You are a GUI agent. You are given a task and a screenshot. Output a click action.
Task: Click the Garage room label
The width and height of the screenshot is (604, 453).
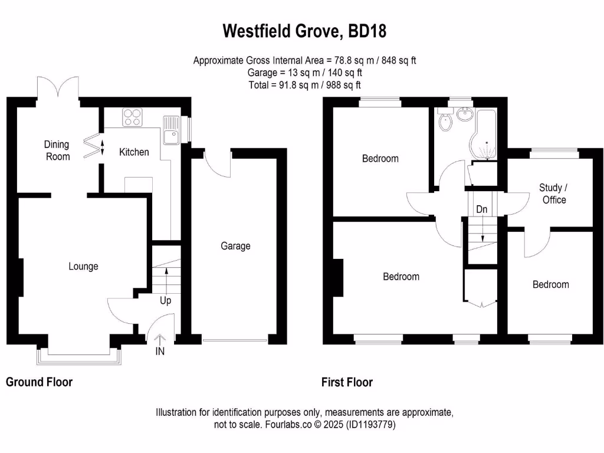pyautogui.click(x=235, y=246)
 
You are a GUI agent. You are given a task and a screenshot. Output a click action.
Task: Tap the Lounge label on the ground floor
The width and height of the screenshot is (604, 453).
pyautogui.click(x=83, y=266)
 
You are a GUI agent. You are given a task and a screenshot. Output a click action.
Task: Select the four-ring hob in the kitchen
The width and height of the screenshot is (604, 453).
pyautogui.click(x=132, y=117)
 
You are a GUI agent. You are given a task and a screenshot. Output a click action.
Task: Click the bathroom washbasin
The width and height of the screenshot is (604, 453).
pyautogui.click(x=465, y=114)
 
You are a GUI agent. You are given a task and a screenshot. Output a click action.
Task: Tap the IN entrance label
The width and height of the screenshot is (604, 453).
pyautogui.click(x=160, y=352)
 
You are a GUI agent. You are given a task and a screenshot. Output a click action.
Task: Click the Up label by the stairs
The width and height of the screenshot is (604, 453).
pyautogui.click(x=166, y=300)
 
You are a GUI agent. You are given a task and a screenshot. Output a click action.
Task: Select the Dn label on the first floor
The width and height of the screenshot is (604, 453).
pyautogui.click(x=482, y=209)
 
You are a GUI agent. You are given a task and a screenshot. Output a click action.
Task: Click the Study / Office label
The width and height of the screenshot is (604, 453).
pyautogui.click(x=554, y=193)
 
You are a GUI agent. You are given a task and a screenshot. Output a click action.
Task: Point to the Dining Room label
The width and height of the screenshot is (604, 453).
pyautogui.click(x=57, y=150)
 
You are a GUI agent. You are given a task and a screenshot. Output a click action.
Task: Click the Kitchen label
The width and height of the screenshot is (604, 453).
pyautogui.click(x=134, y=152)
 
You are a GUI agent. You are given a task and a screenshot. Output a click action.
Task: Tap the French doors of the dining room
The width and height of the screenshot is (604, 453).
pyautogui.click(x=58, y=86)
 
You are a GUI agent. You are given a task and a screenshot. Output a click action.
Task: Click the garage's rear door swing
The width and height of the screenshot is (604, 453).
pyautogui.click(x=218, y=163)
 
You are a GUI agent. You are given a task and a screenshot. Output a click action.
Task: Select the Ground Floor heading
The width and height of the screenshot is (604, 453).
pyautogui.click(x=40, y=382)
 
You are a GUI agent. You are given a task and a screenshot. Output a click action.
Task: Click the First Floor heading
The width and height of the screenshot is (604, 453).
pyautogui.click(x=347, y=382)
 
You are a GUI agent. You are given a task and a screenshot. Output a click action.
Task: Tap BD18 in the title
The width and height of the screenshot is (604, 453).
pyautogui.click(x=367, y=31)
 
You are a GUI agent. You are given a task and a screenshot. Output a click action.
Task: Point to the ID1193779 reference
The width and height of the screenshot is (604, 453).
pyautogui.click(x=371, y=425)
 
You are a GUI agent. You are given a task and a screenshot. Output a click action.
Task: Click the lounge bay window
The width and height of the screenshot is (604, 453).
pyautogui.click(x=79, y=356)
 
